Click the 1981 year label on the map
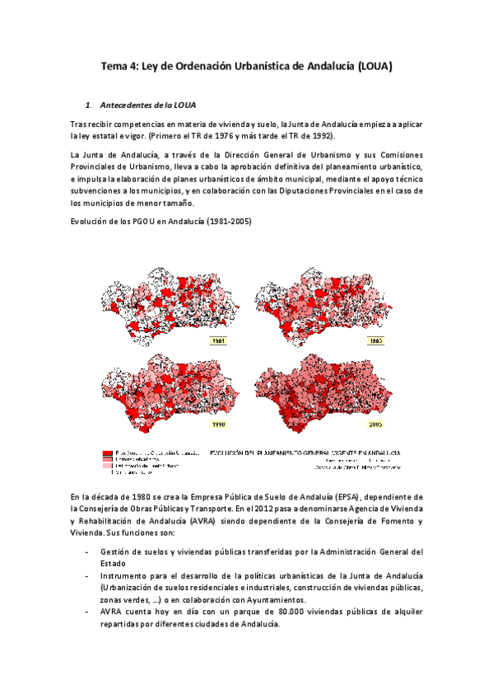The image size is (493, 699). pyautogui.click(x=219, y=340)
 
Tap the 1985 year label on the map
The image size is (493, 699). pyautogui.click(x=376, y=340)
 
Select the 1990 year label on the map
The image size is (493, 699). pyautogui.click(x=219, y=425)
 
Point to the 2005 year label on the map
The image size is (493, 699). pyautogui.click(x=376, y=425)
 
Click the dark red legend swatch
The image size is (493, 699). pyautogui.click(x=107, y=453)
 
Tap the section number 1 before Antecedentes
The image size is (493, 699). pyautogui.click(x=88, y=106)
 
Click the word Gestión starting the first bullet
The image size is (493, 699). pyautogui.click(x=115, y=550)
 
